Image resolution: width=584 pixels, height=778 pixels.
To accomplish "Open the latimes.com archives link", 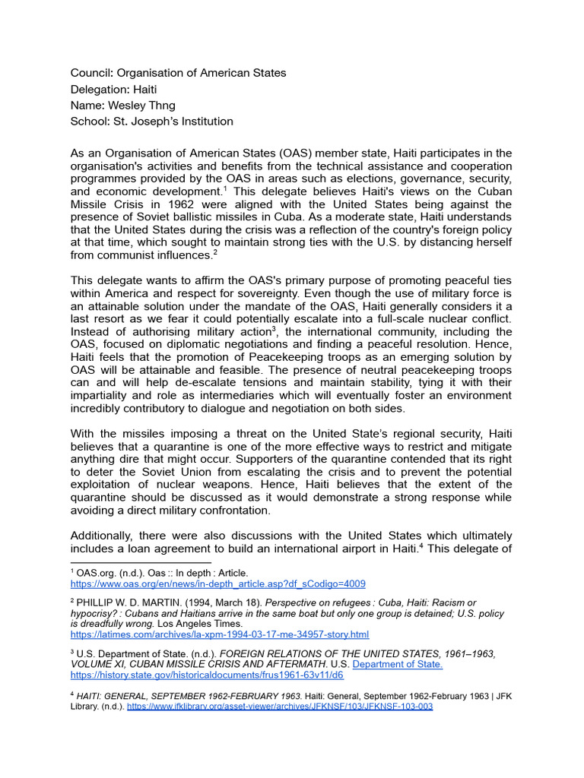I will coord(219,634).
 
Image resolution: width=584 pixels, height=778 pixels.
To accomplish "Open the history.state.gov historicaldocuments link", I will coord(207,675).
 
